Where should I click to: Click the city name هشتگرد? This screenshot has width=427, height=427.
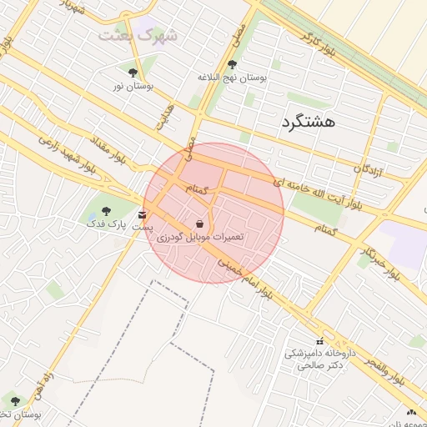point(309,122)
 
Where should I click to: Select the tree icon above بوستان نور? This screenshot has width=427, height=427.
point(133,73)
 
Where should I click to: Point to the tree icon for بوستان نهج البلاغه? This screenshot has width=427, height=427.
point(232,64)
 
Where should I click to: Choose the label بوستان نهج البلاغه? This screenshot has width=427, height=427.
point(231,78)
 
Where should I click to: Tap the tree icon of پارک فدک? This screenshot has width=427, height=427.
point(105,211)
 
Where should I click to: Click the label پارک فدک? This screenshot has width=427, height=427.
point(105,224)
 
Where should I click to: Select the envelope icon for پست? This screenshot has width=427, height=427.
point(143,216)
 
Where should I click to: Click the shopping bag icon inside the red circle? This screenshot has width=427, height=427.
point(199,224)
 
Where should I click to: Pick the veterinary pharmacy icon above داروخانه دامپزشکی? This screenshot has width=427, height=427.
point(320,340)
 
